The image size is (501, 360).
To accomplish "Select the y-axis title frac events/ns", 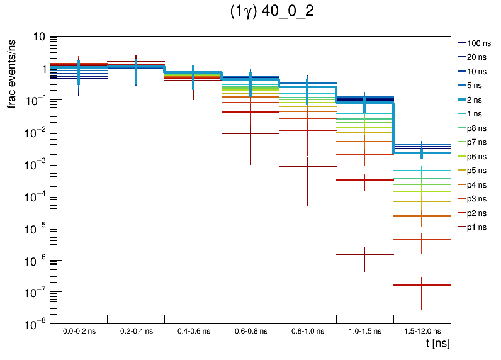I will point(13,72).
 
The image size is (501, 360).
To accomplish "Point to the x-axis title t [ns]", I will point(437,344).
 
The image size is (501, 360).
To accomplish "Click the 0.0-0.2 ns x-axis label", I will point(79,330).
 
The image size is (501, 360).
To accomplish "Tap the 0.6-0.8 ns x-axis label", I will point(250,330).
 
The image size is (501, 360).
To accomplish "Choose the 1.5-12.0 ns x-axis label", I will point(422,330).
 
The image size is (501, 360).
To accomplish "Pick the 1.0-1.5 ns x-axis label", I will point(364,330).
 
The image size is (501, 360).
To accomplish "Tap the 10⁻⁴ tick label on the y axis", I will point(35,196).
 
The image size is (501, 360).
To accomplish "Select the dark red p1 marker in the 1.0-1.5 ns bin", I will point(364,254).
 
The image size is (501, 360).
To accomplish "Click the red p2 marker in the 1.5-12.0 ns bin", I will point(422,285).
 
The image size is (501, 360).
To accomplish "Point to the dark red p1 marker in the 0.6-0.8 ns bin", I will point(250,133).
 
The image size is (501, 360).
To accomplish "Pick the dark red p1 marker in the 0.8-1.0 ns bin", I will point(307,166).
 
